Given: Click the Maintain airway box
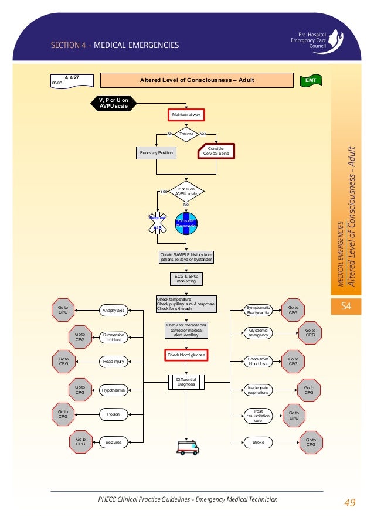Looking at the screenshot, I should [x=186, y=115].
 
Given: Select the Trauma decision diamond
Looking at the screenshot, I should [x=186, y=134].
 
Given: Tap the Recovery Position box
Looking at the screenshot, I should [x=157, y=153].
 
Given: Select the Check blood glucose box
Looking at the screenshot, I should [x=186, y=355].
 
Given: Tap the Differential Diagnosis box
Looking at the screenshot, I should [x=186, y=382].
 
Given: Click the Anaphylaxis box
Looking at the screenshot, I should [x=114, y=310].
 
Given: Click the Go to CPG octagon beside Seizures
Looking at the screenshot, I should [x=80, y=442].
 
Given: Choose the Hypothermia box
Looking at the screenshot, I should [x=114, y=390].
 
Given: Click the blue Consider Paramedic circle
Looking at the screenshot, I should [x=186, y=223].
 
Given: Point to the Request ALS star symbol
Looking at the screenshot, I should [x=157, y=223].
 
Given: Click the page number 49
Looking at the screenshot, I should [x=350, y=502].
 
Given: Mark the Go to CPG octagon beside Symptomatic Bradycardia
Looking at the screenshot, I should [x=293, y=310].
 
